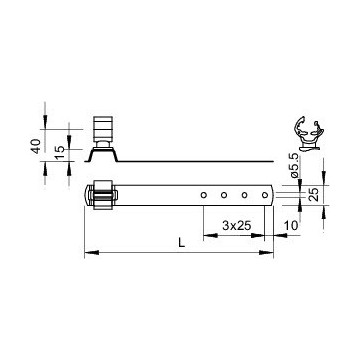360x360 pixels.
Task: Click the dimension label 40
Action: click(x=36, y=146)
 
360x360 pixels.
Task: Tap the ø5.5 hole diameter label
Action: click(x=294, y=165)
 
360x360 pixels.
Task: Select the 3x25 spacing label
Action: click(x=236, y=226)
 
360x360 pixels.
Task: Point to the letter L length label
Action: click(x=181, y=242)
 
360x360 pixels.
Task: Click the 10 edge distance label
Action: click(x=291, y=226)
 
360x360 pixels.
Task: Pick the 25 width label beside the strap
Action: click(x=314, y=194)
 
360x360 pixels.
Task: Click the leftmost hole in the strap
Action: click(x=203, y=195)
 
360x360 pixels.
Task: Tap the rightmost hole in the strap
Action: click(x=265, y=195)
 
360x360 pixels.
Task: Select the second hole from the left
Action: click(x=224, y=195)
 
